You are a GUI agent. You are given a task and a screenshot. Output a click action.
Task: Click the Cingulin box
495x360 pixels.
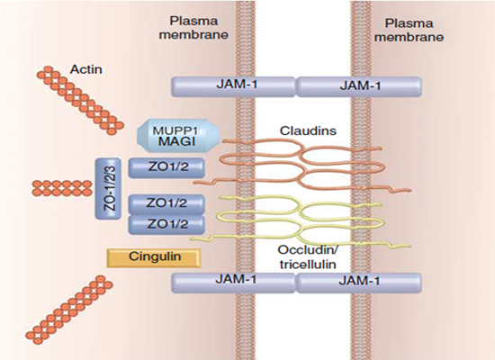[x=154, y=257]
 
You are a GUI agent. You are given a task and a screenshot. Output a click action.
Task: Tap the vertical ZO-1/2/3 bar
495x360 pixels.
[x=108, y=188]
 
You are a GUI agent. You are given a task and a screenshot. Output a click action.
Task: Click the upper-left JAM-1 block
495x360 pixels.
[x=234, y=86]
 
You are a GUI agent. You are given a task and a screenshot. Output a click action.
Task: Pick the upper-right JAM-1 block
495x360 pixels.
[x=359, y=86]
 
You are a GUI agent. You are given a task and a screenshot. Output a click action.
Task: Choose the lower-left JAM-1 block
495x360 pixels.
[x=234, y=283]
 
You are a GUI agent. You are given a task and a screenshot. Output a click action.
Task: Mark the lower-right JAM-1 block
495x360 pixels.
[x=359, y=283]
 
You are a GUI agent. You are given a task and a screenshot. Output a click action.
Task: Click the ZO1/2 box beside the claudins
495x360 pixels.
[x=166, y=167]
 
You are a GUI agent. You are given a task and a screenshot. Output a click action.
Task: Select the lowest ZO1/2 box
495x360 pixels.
[x=166, y=224]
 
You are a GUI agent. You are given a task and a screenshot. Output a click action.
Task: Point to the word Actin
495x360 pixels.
[x=86, y=69]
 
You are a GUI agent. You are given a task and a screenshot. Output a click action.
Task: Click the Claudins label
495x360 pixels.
[x=308, y=130]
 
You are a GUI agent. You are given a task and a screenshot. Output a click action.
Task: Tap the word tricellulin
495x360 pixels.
[x=308, y=264]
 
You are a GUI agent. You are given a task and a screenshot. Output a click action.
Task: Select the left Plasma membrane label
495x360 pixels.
[x=193, y=28]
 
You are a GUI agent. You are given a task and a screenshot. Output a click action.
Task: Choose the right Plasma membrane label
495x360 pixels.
[x=409, y=31]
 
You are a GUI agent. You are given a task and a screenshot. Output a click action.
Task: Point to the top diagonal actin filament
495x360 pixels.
[x=80, y=100]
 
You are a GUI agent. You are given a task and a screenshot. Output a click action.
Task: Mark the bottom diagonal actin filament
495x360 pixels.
[x=69, y=308]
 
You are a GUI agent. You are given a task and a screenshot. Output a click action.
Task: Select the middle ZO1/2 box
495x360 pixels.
[x=166, y=204]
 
